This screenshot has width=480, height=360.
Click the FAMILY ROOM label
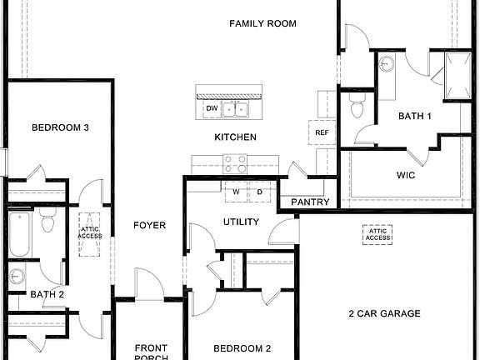tap(262, 23)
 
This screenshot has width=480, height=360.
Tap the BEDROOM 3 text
tap(60, 127)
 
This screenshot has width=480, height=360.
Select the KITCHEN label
tap(235, 137)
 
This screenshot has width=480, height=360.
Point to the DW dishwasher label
tap(212, 108)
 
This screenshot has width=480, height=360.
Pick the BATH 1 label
tap(414, 116)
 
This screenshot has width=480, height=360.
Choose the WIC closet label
tap(405, 176)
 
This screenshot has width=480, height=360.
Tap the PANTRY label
tap(311, 202)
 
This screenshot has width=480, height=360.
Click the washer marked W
tap(236, 192)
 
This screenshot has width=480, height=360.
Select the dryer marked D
tap(258, 192)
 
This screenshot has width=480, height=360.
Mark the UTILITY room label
tap(241, 222)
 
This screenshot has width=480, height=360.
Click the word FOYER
tap(150, 225)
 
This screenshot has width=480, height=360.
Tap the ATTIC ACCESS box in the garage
tap(377, 235)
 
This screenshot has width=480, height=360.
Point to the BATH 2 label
tap(47, 293)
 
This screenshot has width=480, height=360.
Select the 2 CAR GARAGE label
tap(384, 314)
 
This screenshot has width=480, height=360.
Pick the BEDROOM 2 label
tap(242, 348)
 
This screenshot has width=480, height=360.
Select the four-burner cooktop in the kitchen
tap(235, 163)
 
